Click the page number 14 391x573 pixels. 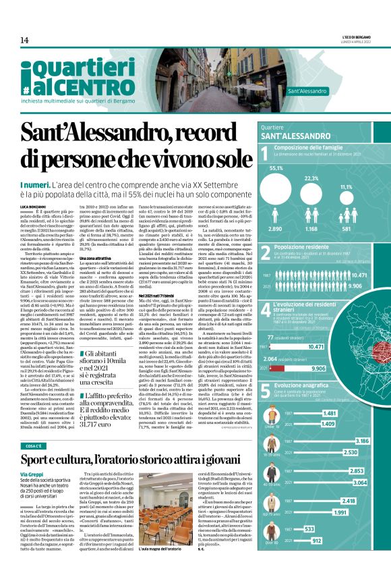click(24, 40)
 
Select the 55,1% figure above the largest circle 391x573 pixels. click(276, 168)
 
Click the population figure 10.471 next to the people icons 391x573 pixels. click(359, 275)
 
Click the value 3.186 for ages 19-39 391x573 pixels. click(361, 441)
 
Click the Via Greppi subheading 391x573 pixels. click(32, 475)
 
